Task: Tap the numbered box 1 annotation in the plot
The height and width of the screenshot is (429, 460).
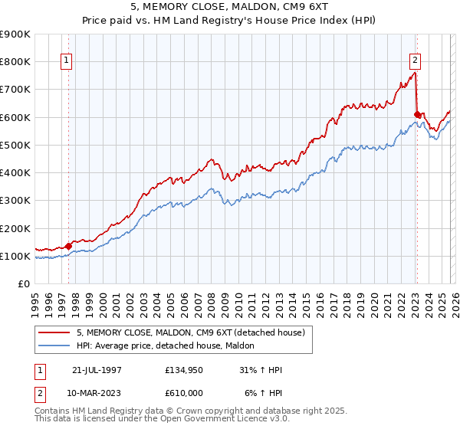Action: (67, 61)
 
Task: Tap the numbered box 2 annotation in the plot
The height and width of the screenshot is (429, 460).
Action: (415, 61)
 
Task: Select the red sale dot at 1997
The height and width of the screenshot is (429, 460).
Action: (68, 246)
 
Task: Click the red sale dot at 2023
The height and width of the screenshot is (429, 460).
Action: (417, 114)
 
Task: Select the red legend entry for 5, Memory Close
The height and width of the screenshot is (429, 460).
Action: (191, 332)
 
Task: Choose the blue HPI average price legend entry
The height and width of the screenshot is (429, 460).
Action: (169, 346)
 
